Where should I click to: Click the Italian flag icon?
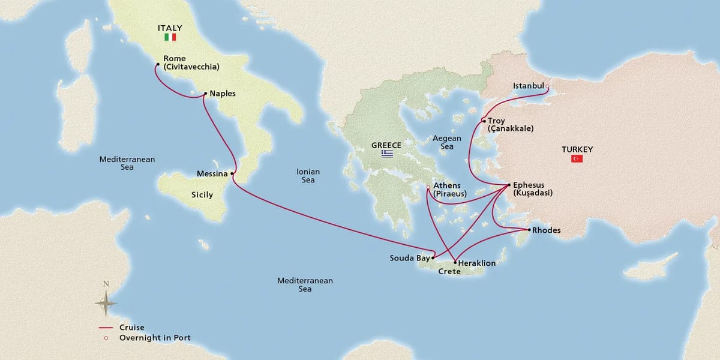(170, 37)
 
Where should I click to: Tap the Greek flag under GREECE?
(387, 154)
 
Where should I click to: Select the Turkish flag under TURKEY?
(577, 158)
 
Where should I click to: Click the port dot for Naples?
(205, 94)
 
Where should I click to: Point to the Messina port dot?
(232, 174)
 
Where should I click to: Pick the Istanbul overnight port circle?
(547, 86)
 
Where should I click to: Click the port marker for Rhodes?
(528, 230)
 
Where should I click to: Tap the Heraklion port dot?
(454, 262)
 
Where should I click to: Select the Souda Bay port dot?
(433, 258)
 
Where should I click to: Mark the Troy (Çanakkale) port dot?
(484, 121)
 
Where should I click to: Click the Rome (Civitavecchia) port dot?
(157, 64)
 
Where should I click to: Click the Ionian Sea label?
(308, 176)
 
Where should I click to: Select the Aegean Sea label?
(447, 142)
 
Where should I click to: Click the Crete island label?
(449, 272)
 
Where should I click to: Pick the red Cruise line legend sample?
(106, 328)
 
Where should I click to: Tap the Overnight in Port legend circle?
(106, 338)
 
